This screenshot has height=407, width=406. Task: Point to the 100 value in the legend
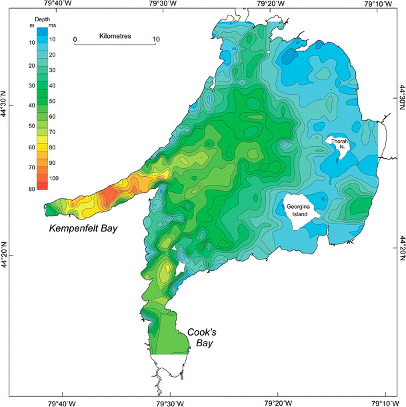55,179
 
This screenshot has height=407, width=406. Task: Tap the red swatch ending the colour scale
42,185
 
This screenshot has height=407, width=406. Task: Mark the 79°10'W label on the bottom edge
383,402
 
